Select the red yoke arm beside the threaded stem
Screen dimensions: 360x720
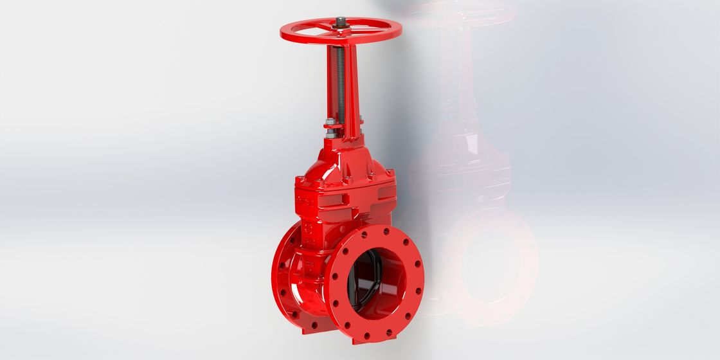click(x=351, y=90)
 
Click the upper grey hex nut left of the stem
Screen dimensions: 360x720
click(x=329, y=124)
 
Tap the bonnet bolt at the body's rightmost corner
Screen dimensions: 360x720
click(x=390, y=173)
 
